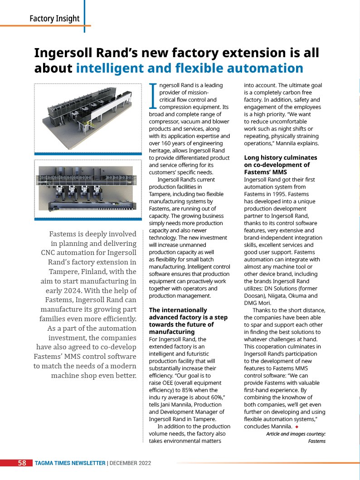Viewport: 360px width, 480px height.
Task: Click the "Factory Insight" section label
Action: tap(54, 19)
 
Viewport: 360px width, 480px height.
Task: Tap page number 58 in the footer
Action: tap(22, 463)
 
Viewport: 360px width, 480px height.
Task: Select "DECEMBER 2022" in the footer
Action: tap(130, 463)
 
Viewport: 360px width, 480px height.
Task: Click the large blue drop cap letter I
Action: tap(153, 96)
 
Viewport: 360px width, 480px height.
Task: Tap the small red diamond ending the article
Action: tap(297, 426)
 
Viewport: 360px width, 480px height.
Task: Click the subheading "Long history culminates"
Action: tap(281, 158)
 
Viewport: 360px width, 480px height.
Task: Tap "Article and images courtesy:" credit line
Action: tap(296, 434)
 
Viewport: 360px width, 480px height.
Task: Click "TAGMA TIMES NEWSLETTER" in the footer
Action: tap(70, 463)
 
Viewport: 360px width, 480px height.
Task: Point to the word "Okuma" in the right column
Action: tap(297, 296)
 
